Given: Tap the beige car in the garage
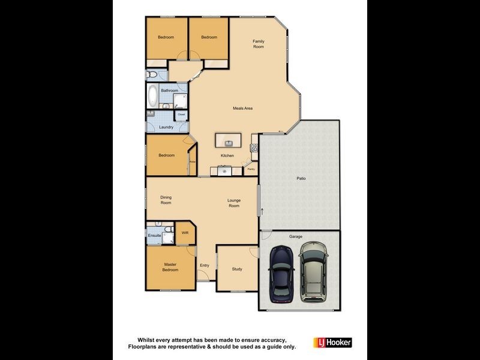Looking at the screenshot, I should tap(314, 272).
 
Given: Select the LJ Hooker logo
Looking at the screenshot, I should tap(332, 343).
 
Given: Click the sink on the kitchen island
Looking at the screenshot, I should tap(229, 143).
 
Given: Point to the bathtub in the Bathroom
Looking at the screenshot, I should tap(152, 95).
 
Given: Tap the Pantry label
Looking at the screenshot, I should tap(251, 169).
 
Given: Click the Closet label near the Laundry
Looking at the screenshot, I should tap(181, 114).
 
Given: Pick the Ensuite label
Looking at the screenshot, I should tap(154, 236).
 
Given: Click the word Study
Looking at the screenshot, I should tap(237, 269).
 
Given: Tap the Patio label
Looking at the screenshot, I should tap(301, 178).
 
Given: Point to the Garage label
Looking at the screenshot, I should tap(296, 236).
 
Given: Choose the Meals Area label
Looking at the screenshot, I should tap(242, 108).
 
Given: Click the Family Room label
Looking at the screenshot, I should tap(259, 44).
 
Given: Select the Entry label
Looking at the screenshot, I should tap(205, 266).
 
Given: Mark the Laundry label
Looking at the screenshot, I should tap(166, 127).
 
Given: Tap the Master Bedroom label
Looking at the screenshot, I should tap(170, 267).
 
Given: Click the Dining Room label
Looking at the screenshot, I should tap(166, 200).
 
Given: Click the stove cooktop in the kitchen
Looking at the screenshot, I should tap(254, 147).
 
